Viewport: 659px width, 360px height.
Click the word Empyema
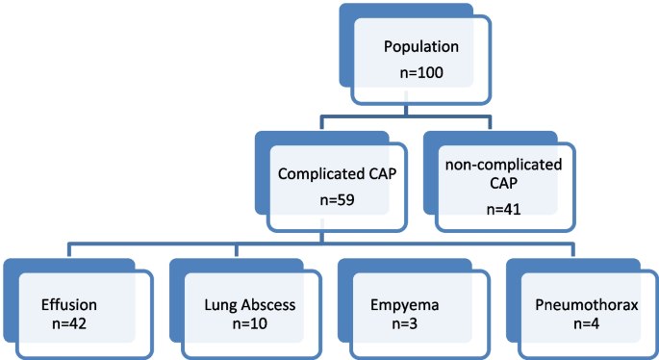[404, 305]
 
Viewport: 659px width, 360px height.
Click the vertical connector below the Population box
[416, 111]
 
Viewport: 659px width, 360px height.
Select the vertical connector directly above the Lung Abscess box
[241, 249]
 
